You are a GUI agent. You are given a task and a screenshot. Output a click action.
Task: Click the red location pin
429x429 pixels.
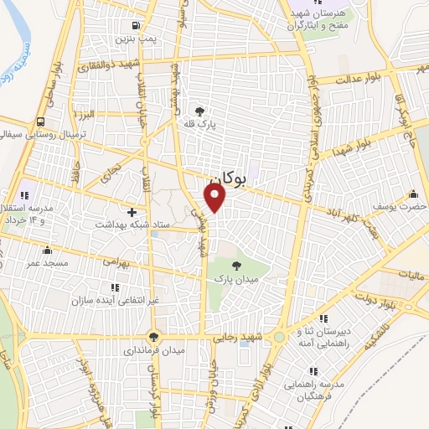[x=215, y=196]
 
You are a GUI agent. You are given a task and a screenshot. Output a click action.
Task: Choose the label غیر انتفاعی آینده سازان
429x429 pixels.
[x=127, y=299]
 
